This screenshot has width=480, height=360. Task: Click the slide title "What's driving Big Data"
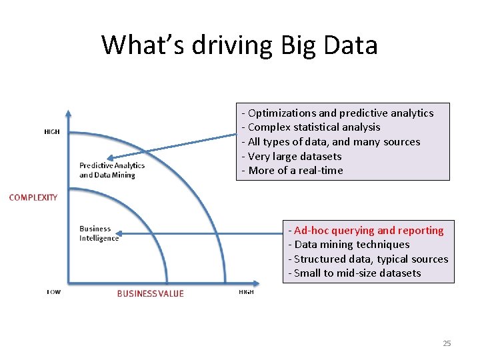(239, 45)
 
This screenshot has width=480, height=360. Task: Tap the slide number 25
(447, 343)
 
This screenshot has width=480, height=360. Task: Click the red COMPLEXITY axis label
(33, 197)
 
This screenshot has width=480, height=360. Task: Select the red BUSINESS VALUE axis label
(150, 293)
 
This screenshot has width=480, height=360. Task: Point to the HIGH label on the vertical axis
(52, 131)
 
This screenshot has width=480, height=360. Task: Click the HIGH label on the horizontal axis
(246, 292)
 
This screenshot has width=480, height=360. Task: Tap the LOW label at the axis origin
(53, 292)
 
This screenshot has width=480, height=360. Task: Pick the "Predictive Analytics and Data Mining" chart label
(111, 170)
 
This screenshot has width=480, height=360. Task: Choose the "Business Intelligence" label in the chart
(99, 233)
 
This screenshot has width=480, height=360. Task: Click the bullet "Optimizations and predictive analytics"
(337, 113)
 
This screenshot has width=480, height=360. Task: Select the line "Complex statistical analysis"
(311, 127)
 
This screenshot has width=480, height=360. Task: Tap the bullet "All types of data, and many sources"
(331, 142)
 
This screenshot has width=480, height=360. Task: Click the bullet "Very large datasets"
(291, 156)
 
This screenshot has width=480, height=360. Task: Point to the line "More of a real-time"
(292, 171)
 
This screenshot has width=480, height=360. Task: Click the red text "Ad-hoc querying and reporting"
(365, 231)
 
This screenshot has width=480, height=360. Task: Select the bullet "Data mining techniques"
(349, 245)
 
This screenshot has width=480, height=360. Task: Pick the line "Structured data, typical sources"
(368, 259)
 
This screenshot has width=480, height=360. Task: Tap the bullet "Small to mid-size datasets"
(354, 273)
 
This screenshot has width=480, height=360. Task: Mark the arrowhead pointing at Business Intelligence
(123, 233)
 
